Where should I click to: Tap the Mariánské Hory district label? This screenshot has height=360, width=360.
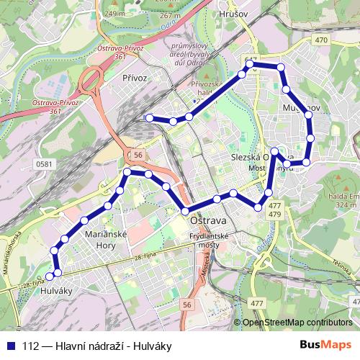point(106,239)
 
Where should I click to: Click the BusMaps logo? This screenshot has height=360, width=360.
point(326,345)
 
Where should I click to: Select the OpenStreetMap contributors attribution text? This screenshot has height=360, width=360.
point(297,322)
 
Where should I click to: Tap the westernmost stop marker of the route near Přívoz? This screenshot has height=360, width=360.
point(149,118)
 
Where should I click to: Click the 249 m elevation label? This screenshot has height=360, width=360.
point(114,13)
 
